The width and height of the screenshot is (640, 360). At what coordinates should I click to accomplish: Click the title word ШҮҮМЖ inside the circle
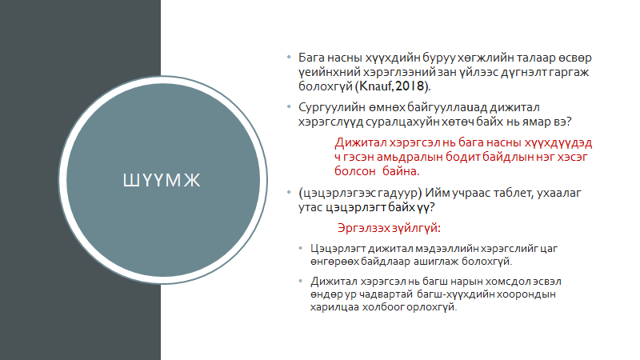tap(162, 180)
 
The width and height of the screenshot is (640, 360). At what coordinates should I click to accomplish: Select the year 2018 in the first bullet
tap(410, 86)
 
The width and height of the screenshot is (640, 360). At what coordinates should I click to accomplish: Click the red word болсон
tap(354, 171)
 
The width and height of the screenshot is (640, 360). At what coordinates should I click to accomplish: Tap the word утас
tap(310, 207)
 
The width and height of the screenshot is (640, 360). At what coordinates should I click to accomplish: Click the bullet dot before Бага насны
tap(289, 57)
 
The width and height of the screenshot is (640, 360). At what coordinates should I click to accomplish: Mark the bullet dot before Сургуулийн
tap(289, 107)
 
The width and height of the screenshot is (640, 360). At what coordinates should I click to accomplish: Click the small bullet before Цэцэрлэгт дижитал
tap(301, 248)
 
